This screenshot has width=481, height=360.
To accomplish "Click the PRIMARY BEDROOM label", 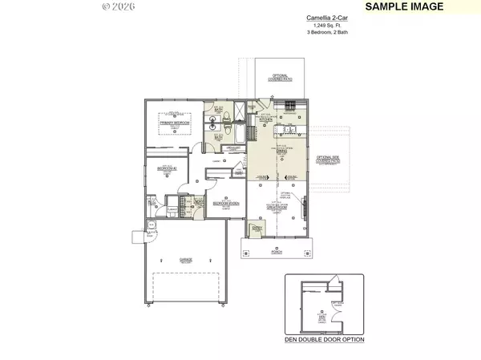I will (174, 123).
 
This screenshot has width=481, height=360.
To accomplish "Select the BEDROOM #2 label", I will (167, 168).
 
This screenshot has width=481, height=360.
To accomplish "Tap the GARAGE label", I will (185, 260).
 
